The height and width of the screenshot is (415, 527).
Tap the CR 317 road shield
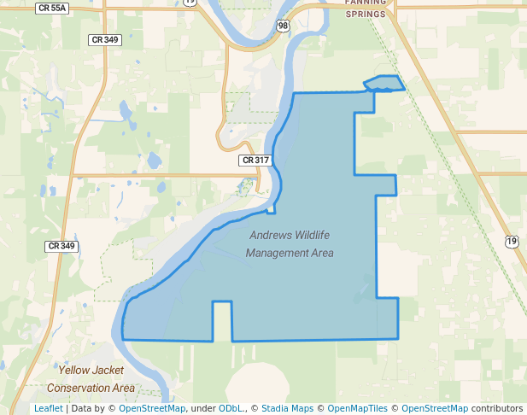tap(255, 160)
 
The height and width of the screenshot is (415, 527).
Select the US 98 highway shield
tap(284, 26)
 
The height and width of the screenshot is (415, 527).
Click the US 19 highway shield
tap(510, 242)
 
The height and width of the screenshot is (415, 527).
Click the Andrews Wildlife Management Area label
tap(290, 243)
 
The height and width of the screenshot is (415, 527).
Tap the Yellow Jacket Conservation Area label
tap(91, 379)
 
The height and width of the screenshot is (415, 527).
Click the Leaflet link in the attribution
tap(48, 409)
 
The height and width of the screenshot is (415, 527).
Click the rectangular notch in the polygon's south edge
tap(222, 321)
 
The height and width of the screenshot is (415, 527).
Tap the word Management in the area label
tap(276, 253)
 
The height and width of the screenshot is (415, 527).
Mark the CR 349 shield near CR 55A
tap(104, 40)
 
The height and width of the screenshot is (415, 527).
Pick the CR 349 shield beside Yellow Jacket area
tap(61, 246)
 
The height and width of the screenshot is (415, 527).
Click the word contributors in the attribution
tap(497, 409)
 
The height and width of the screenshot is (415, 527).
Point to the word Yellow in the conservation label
tap(73, 371)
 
